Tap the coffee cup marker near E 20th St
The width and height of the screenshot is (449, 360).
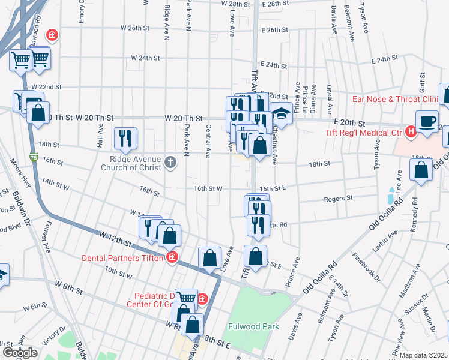(427, 121)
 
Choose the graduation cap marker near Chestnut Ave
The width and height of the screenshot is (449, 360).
(280, 112)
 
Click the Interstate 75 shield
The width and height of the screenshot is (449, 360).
(33, 157)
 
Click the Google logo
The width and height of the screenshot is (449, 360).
(19, 352)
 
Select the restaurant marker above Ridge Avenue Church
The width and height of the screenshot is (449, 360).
(125, 138)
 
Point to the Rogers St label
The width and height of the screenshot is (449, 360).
(337, 198)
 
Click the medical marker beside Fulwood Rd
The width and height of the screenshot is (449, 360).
(53, 35)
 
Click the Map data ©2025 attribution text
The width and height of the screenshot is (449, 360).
(424, 355)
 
